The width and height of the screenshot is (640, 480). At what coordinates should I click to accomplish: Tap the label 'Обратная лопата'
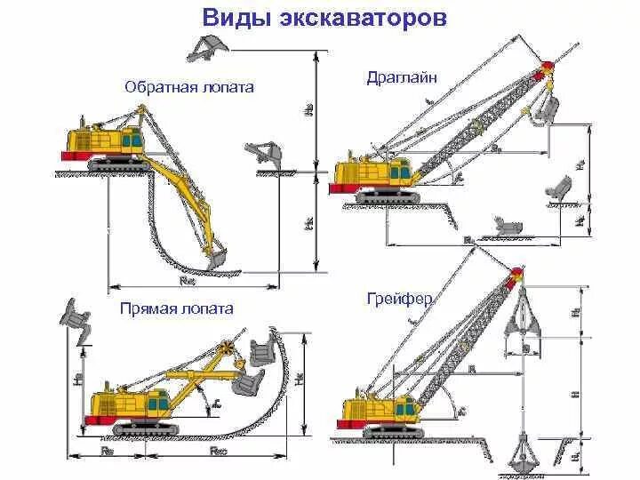click(x=189, y=87)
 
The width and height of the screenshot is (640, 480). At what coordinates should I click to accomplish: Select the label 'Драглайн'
click(x=402, y=78)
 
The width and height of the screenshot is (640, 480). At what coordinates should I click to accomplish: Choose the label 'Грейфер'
click(x=399, y=299)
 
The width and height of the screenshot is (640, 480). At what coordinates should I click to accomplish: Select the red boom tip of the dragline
click(x=547, y=67)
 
